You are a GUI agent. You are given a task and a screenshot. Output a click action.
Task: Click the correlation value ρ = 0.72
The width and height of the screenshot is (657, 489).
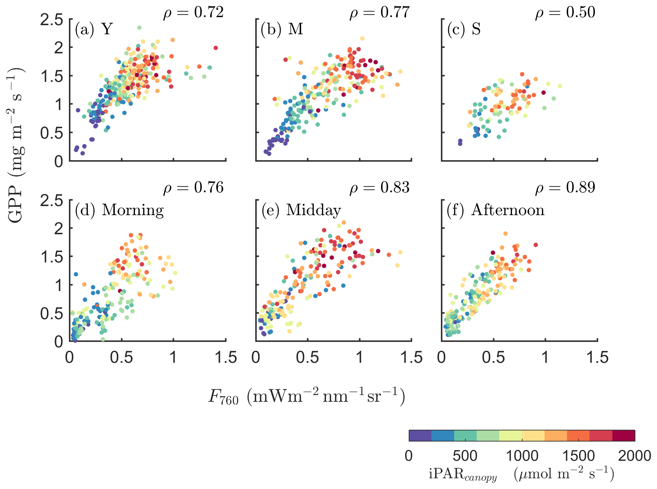193,13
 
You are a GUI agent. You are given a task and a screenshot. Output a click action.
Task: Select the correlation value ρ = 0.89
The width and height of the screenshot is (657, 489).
565,188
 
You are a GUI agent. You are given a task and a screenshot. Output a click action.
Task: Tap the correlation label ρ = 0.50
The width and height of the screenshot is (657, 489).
565,13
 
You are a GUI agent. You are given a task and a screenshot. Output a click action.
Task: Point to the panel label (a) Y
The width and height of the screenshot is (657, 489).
94,29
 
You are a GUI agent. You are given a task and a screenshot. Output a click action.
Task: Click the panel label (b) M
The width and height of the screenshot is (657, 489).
282,29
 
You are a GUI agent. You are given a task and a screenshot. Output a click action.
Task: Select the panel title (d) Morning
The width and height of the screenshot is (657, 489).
119,210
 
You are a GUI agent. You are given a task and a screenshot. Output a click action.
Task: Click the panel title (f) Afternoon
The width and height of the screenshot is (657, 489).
496,210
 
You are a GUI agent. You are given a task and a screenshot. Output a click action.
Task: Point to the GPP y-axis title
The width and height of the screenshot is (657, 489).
16,144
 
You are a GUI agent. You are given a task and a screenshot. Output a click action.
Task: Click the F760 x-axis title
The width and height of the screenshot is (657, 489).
307,396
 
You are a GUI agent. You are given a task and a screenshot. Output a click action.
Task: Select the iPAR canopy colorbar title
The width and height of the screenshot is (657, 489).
521,474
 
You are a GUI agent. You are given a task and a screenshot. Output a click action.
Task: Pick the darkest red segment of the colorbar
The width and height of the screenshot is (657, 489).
623,435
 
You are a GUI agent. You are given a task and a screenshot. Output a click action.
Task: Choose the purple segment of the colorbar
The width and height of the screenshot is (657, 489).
420,435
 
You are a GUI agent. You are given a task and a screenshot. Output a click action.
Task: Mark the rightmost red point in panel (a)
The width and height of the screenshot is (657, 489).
216,48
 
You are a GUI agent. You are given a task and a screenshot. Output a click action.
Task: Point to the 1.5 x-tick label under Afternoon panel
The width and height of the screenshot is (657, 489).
597,358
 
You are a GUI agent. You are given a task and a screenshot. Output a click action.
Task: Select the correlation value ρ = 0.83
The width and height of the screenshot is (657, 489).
380,188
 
